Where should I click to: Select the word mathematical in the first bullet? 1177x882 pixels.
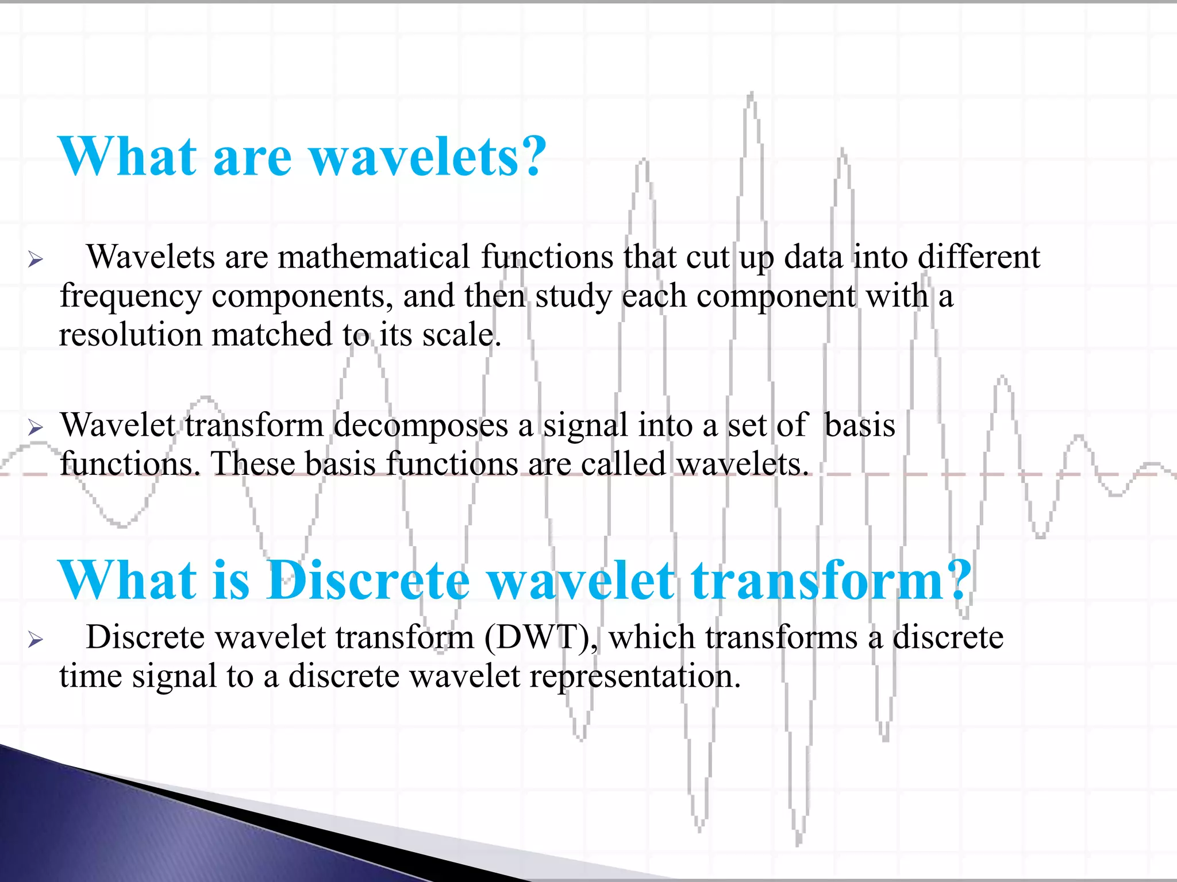(x=374, y=257)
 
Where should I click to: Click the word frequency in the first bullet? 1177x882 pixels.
(x=130, y=297)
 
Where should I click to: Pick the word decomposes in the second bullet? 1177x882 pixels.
(x=421, y=426)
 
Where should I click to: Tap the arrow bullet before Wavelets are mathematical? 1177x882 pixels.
(x=36, y=260)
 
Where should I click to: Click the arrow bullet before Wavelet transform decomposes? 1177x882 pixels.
(x=36, y=428)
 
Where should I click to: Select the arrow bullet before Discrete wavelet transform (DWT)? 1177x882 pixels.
(x=36, y=640)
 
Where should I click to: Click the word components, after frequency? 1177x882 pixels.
(x=302, y=297)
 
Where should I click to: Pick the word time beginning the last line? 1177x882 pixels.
(x=90, y=676)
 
